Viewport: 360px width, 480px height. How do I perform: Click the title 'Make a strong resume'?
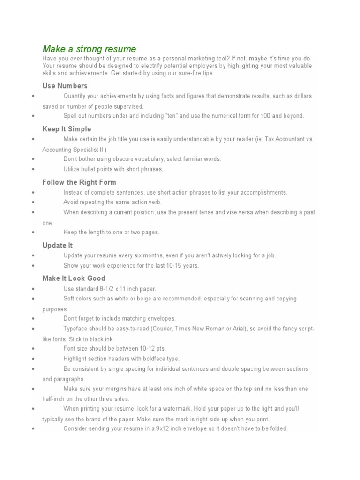pyautogui.click(x=89, y=49)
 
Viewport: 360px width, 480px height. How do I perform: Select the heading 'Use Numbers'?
pyautogui.click(x=65, y=86)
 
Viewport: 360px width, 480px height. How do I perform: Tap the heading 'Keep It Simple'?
pyautogui.click(x=67, y=129)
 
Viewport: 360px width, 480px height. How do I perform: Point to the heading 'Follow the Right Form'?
pyautogui.click(x=79, y=182)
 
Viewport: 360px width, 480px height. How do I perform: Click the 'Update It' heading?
pyautogui.click(x=57, y=245)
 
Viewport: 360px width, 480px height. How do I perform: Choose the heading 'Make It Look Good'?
pyautogui.click(x=74, y=278)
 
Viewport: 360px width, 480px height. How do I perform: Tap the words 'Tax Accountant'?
pyautogui.click(x=284, y=139)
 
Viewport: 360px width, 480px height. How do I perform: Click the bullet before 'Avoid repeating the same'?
pyautogui.click(x=33, y=202)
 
